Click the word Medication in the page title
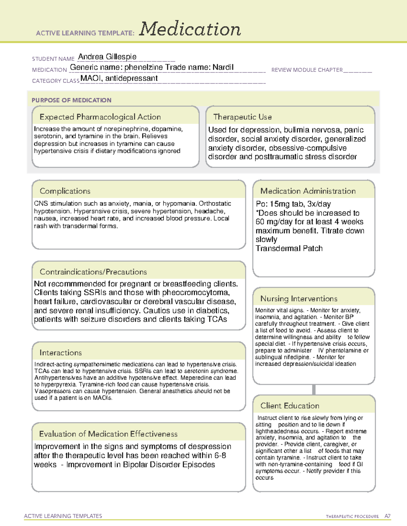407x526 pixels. tap(190, 29)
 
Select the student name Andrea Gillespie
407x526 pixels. tap(107, 57)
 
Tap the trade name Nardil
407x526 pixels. tap(223, 67)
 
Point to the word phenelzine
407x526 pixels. tap(143, 67)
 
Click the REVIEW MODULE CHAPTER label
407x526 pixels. tap(307, 70)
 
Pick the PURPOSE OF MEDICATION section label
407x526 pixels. tap(71, 100)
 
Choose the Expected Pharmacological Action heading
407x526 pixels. tap(100, 117)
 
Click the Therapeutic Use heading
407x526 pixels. tap(242, 117)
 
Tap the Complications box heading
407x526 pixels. tap(65, 191)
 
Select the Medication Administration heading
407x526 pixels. tap(308, 191)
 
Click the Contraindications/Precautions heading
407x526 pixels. tap(93, 272)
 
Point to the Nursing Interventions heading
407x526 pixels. tap(298, 298)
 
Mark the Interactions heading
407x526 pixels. tap(60, 353)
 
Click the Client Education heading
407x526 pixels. tap(290, 405)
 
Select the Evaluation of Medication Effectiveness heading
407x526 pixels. tap(108, 434)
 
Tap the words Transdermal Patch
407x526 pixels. tap(289, 248)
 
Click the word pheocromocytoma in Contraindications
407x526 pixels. tap(196, 293)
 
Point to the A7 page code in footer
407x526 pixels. tap(387, 516)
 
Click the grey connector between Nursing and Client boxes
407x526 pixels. tap(314, 390)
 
